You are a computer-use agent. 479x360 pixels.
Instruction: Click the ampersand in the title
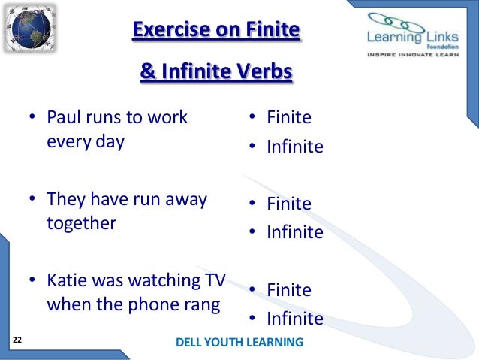[146, 74]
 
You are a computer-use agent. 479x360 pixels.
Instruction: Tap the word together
[81, 223]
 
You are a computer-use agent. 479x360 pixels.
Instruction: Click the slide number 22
[17, 341]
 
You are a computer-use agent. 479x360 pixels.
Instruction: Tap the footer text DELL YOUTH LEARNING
[239, 343]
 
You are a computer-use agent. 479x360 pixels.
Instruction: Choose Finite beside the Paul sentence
[288, 118]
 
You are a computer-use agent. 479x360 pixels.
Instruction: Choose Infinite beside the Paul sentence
[295, 146]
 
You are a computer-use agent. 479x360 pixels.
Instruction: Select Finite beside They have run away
[288, 204]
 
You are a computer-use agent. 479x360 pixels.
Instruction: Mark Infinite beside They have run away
[295, 232]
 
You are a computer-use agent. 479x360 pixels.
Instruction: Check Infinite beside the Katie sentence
[295, 319]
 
